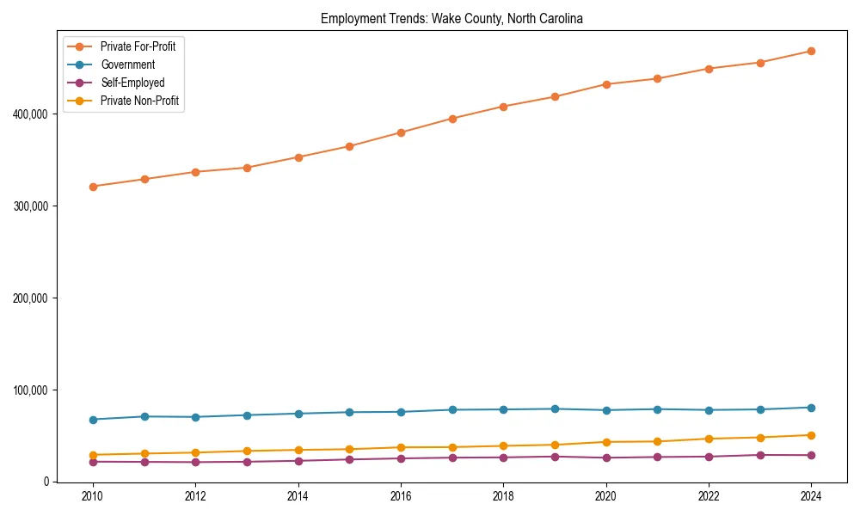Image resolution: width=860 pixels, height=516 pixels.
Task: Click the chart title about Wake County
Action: tap(451, 18)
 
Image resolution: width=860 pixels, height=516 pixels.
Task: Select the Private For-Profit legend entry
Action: tap(138, 46)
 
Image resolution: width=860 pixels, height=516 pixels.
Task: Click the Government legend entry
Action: tap(127, 64)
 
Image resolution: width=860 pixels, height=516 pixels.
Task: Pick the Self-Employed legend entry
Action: tap(132, 83)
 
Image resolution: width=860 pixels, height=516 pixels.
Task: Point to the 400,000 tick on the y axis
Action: tap(33, 114)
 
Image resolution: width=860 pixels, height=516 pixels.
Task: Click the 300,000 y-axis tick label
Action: tap(33, 206)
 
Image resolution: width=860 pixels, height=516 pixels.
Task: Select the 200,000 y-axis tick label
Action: tap(33, 298)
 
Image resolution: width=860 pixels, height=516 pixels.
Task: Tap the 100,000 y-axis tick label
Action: tap(33, 390)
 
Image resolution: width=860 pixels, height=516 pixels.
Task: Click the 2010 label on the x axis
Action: tap(93, 496)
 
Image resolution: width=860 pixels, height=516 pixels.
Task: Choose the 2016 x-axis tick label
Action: tap(401, 496)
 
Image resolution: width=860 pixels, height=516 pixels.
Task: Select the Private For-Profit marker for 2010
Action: tap(93, 187)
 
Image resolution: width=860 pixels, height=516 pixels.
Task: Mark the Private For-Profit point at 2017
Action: tap(452, 119)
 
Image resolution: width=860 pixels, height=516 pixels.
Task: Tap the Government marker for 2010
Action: tap(93, 420)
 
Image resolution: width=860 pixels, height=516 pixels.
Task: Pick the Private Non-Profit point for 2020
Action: tap(606, 442)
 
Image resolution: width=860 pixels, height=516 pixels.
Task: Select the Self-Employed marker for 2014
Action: tap(298, 461)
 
